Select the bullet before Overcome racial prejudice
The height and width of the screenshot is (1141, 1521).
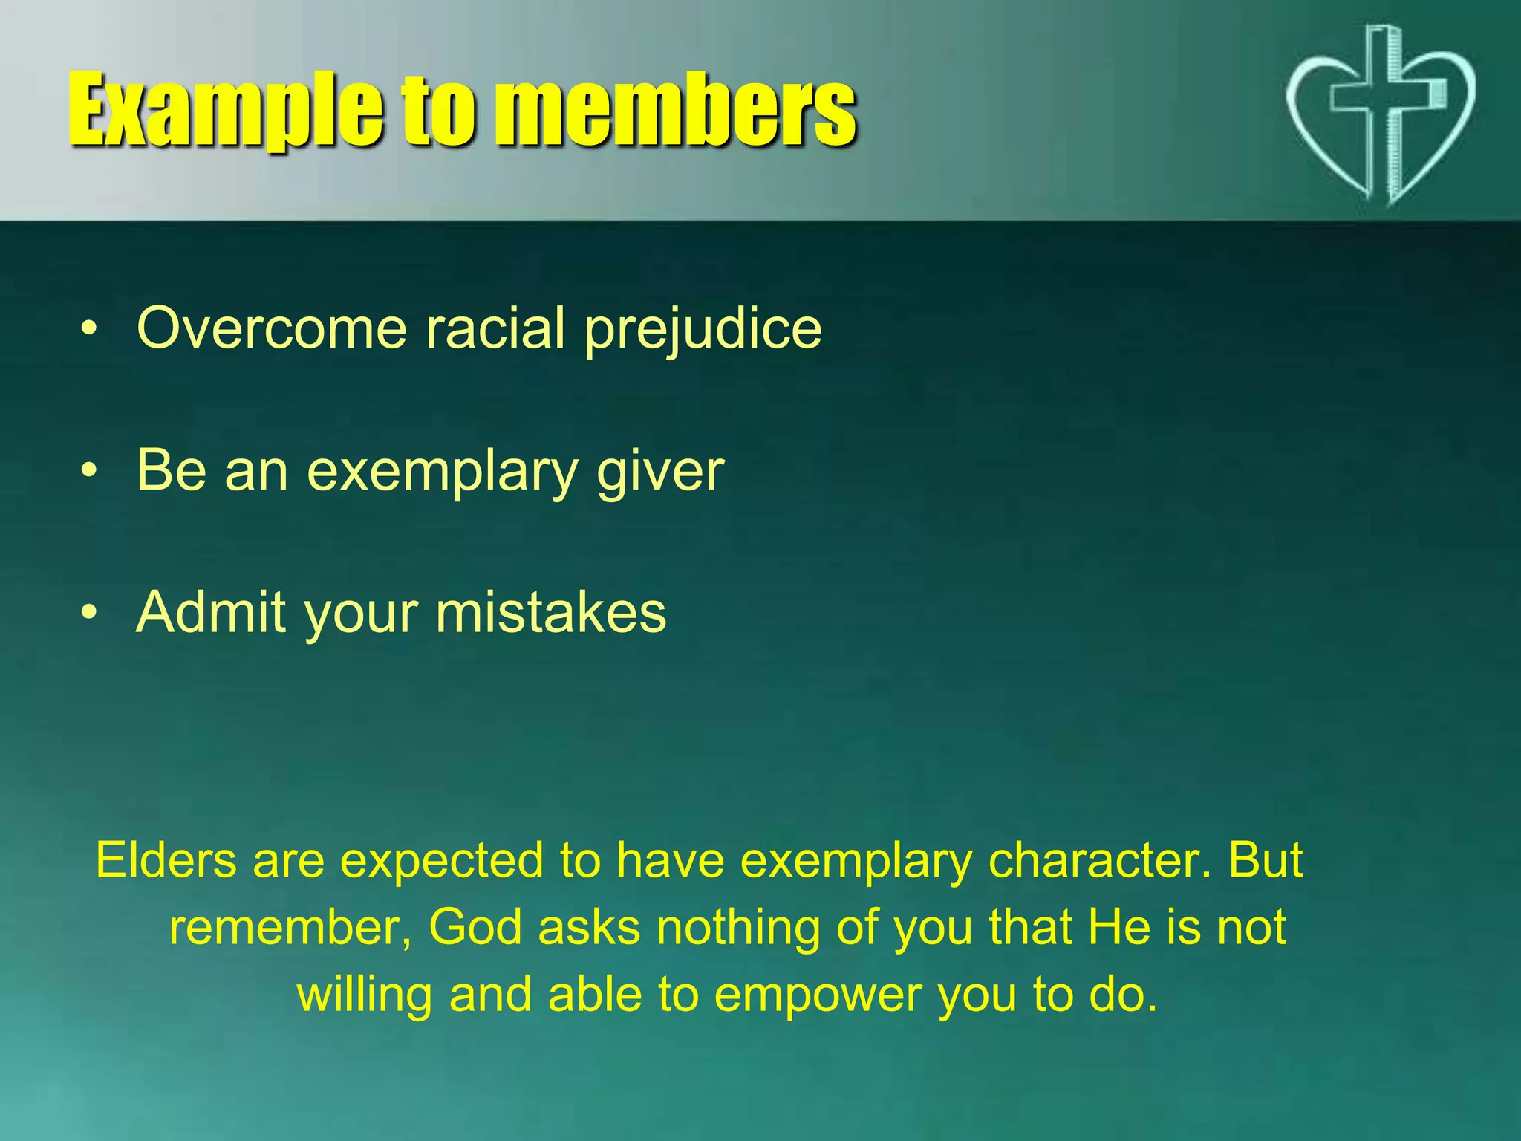pos(89,328)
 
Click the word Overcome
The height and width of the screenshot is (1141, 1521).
pos(272,328)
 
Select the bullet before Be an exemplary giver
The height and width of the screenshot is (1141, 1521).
pos(89,471)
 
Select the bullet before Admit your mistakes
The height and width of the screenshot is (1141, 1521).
pos(89,613)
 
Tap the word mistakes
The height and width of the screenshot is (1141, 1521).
pos(550,613)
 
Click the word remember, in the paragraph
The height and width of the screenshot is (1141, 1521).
pos(290,929)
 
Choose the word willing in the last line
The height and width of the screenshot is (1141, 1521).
pos(365,996)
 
